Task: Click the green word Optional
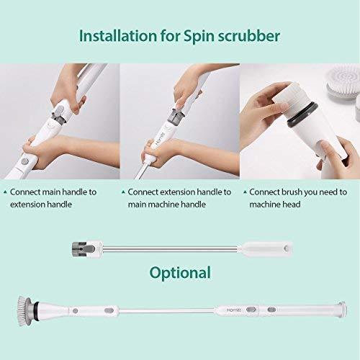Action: [180, 273]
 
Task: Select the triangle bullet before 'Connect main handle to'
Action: [5, 192]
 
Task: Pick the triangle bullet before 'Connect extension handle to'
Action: [123, 192]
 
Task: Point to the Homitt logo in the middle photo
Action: [164, 138]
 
